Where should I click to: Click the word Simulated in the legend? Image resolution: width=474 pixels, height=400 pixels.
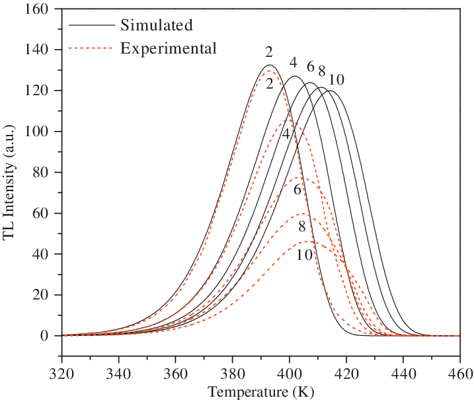[x=156, y=26]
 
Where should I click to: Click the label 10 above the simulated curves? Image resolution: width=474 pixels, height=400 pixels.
[x=336, y=80]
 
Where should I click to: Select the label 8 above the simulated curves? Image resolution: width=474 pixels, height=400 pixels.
[x=321, y=71]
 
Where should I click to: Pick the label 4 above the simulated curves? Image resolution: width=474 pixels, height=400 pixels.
[x=293, y=63]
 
